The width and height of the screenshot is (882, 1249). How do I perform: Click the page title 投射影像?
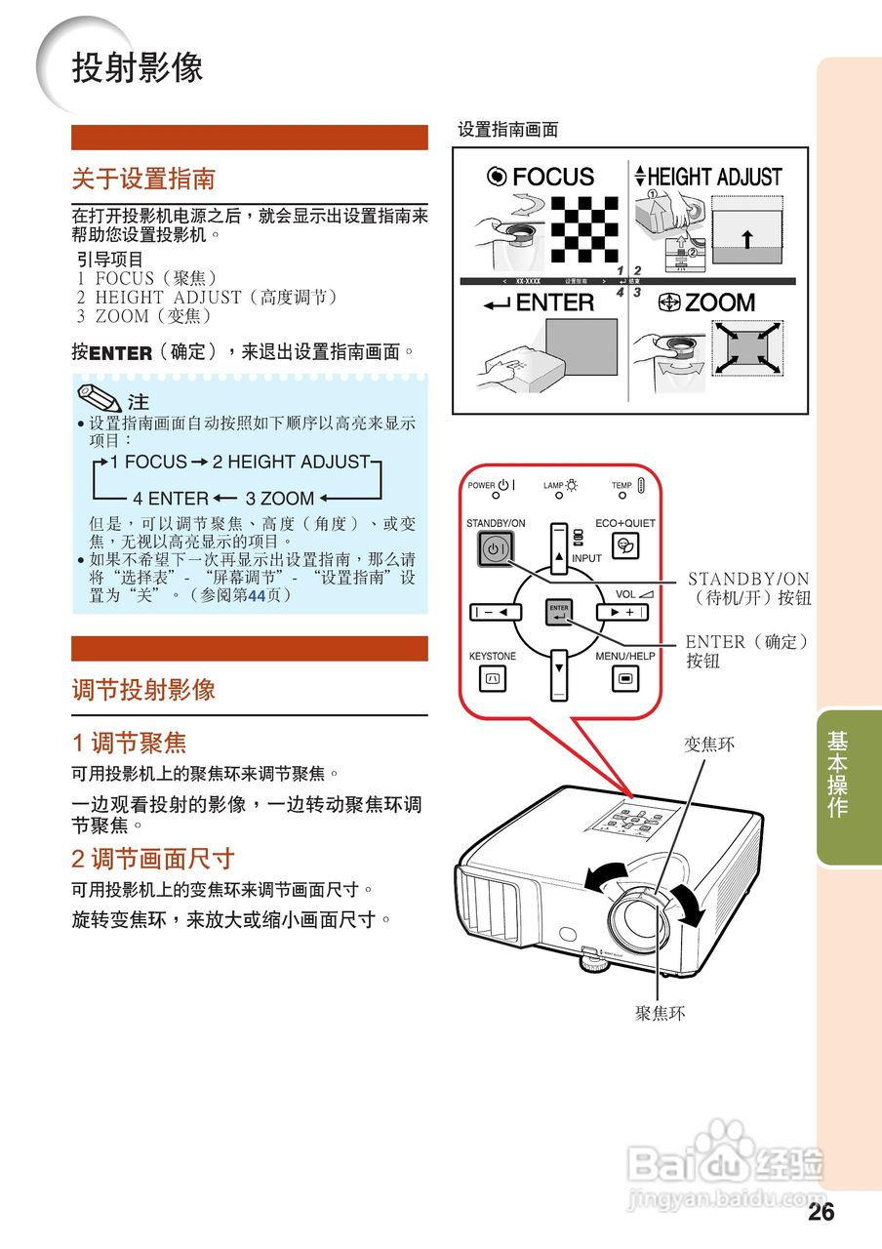coord(137,67)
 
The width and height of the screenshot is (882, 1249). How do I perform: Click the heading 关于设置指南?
coord(143,180)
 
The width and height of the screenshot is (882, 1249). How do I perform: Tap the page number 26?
coord(821,1212)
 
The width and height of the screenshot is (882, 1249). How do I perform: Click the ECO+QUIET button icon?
coord(624,549)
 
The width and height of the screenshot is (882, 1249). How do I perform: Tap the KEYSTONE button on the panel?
coord(493,677)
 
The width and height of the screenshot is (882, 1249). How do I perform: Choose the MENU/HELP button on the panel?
coord(624,677)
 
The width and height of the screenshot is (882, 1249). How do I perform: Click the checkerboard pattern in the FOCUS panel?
coord(585,229)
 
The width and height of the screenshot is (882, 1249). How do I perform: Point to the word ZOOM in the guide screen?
coord(720,303)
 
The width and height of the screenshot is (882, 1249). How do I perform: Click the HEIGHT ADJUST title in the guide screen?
coord(714,177)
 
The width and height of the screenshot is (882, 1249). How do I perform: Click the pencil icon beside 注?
coord(99,400)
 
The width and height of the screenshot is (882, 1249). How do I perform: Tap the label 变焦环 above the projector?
coord(709,745)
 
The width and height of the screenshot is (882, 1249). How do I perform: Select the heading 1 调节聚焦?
coord(129,744)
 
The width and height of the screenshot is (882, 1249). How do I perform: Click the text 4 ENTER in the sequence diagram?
coord(171,498)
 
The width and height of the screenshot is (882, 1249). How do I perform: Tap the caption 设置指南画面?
coord(507,129)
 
